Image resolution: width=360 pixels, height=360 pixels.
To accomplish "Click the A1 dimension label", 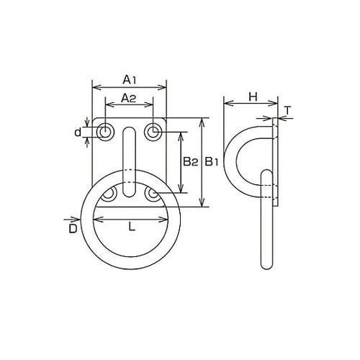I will [x=130, y=78].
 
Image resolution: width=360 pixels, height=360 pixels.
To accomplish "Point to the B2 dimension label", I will [x=189, y=162].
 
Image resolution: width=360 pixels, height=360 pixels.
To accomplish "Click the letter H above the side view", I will [x=252, y=96].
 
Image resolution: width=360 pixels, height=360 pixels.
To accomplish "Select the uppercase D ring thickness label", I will [x=72, y=229].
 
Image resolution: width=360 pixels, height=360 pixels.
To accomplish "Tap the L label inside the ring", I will [x=130, y=227].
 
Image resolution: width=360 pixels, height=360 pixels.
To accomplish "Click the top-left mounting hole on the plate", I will [x=106, y=132].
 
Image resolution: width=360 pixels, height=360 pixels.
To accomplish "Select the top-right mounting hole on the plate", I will [x=153, y=132].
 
